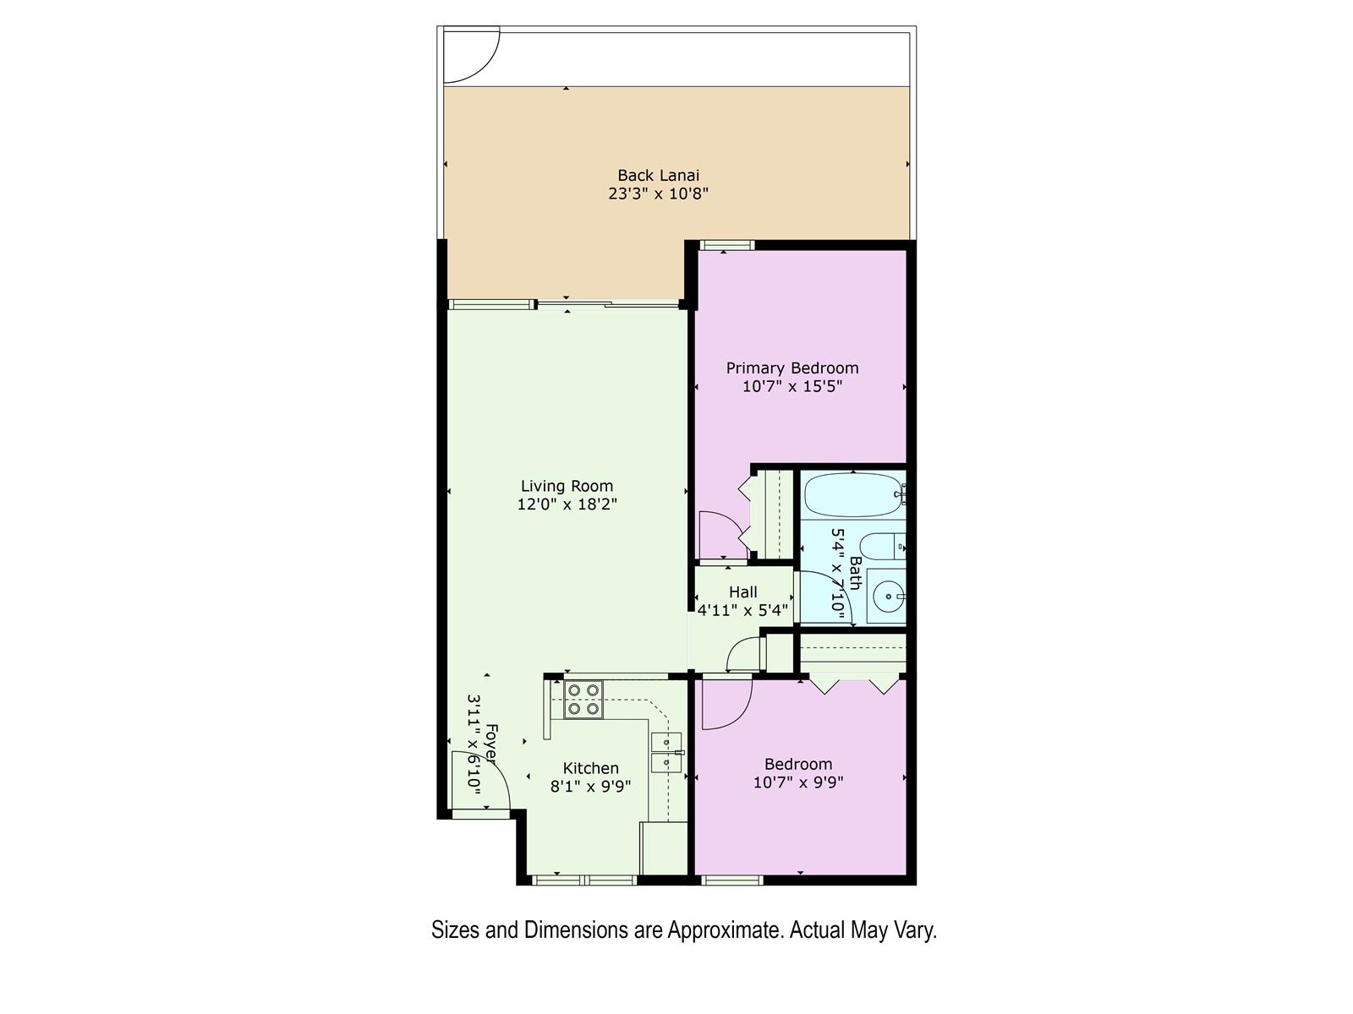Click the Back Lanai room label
pos(658,176)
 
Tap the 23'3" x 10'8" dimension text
pos(658,194)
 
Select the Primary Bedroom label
pos(792,368)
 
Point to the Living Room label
pos(567,487)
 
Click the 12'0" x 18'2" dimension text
pos(567,504)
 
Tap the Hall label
pos(742,592)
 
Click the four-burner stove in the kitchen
pos(583,700)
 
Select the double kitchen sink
pos(667,752)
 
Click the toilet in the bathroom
pos(882,546)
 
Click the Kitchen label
pos(590,768)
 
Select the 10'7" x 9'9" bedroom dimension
pos(798,782)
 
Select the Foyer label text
pos(491,744)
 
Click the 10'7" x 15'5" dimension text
pos(792,387)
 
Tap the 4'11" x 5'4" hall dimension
pos(742,611)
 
